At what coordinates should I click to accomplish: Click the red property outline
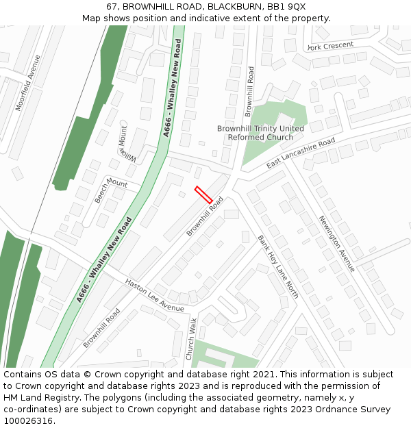click(203, 194)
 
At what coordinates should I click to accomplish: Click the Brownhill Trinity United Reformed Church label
click(260, 133)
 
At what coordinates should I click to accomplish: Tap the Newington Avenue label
click(336, 243)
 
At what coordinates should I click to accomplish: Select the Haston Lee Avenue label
click(154, 295)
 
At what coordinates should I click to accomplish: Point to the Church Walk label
click(191, 338)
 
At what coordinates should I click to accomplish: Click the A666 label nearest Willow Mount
click(173, 88)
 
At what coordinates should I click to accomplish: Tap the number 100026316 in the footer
click(29, 421)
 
